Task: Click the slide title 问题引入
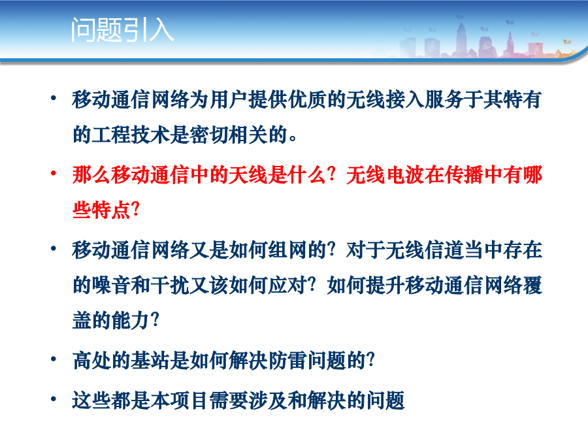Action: pos(122,29)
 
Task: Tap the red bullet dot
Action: pos(54,173)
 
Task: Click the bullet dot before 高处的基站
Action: pos(54,359)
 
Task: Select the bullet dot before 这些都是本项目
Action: pos(54,399)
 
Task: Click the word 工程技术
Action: pos(131,135)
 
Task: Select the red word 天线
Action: pos(248,175)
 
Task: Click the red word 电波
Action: pos(405,175)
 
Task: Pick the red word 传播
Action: pos(464,175)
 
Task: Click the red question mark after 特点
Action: pos(135,210)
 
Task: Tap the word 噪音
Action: pos(111,286)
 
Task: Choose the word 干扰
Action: pos(171,286)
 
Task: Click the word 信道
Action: pos(444,250)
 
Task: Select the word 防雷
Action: pos(287,361)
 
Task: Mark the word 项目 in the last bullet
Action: pos(189,400)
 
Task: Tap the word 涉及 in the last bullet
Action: pos(268,400)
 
